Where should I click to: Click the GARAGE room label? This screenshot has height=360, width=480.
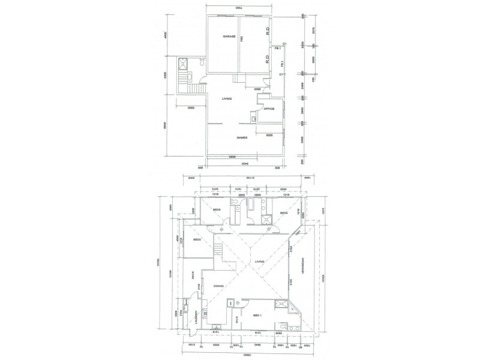[229, 37]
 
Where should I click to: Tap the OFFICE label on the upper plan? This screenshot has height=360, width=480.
[268, 109]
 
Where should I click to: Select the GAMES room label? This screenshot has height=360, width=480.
[242, 138]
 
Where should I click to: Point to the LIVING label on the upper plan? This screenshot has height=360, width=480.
[226, 98]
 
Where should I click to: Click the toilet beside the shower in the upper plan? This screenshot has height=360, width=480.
[203, 62]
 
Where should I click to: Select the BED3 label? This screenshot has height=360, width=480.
[217, 209]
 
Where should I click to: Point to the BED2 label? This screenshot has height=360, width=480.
[196, 240]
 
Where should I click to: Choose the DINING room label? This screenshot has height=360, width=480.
[218, 286]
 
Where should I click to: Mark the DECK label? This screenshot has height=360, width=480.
[193, 275]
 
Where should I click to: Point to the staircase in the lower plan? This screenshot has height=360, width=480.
[220, 253]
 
